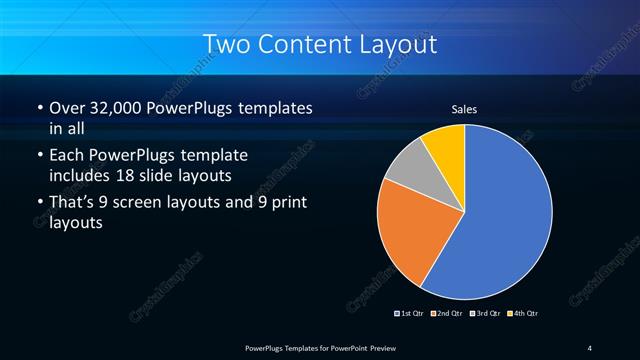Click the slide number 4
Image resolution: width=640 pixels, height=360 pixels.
click(589, 347)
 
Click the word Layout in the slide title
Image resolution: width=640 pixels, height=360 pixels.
click(402, 45)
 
